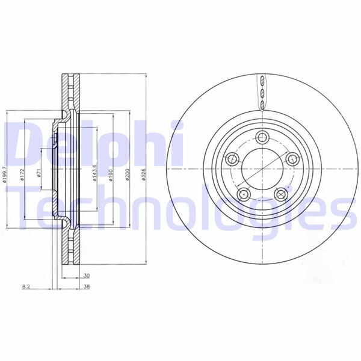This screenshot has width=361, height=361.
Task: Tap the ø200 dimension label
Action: pos(127,174)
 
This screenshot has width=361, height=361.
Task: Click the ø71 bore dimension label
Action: pos(39,174)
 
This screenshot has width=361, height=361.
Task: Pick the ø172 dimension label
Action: pos(22,174)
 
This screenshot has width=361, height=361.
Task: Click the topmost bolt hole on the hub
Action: pos(262,137)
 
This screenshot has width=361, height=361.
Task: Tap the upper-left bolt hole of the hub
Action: pos(232,159)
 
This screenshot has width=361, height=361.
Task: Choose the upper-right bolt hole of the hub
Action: pos(292,159)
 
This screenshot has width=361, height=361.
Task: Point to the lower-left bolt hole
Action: pos(243,194)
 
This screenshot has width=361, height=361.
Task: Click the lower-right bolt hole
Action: pos(280,194)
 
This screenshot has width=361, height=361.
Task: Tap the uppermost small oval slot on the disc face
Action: pos(262,82)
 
